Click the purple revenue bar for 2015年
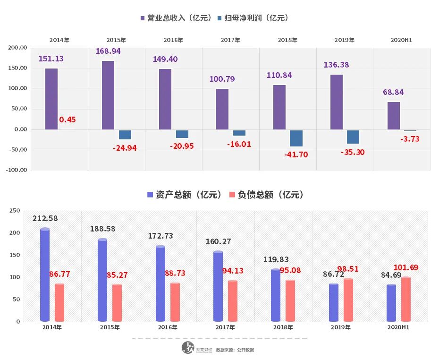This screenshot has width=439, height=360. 108,95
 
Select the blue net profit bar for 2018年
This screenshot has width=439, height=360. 296,138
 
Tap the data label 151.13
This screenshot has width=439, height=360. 51,59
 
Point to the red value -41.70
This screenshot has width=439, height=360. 296,154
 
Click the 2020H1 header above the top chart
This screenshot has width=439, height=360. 402,40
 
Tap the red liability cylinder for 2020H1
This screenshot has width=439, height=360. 405,299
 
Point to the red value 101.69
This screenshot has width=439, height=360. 405,267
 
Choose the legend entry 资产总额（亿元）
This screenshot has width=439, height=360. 185,195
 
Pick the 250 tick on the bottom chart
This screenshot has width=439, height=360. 16,211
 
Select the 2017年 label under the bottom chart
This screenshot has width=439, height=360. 226,327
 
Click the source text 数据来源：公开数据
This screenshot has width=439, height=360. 235,350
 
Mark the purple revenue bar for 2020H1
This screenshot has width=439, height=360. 394,116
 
